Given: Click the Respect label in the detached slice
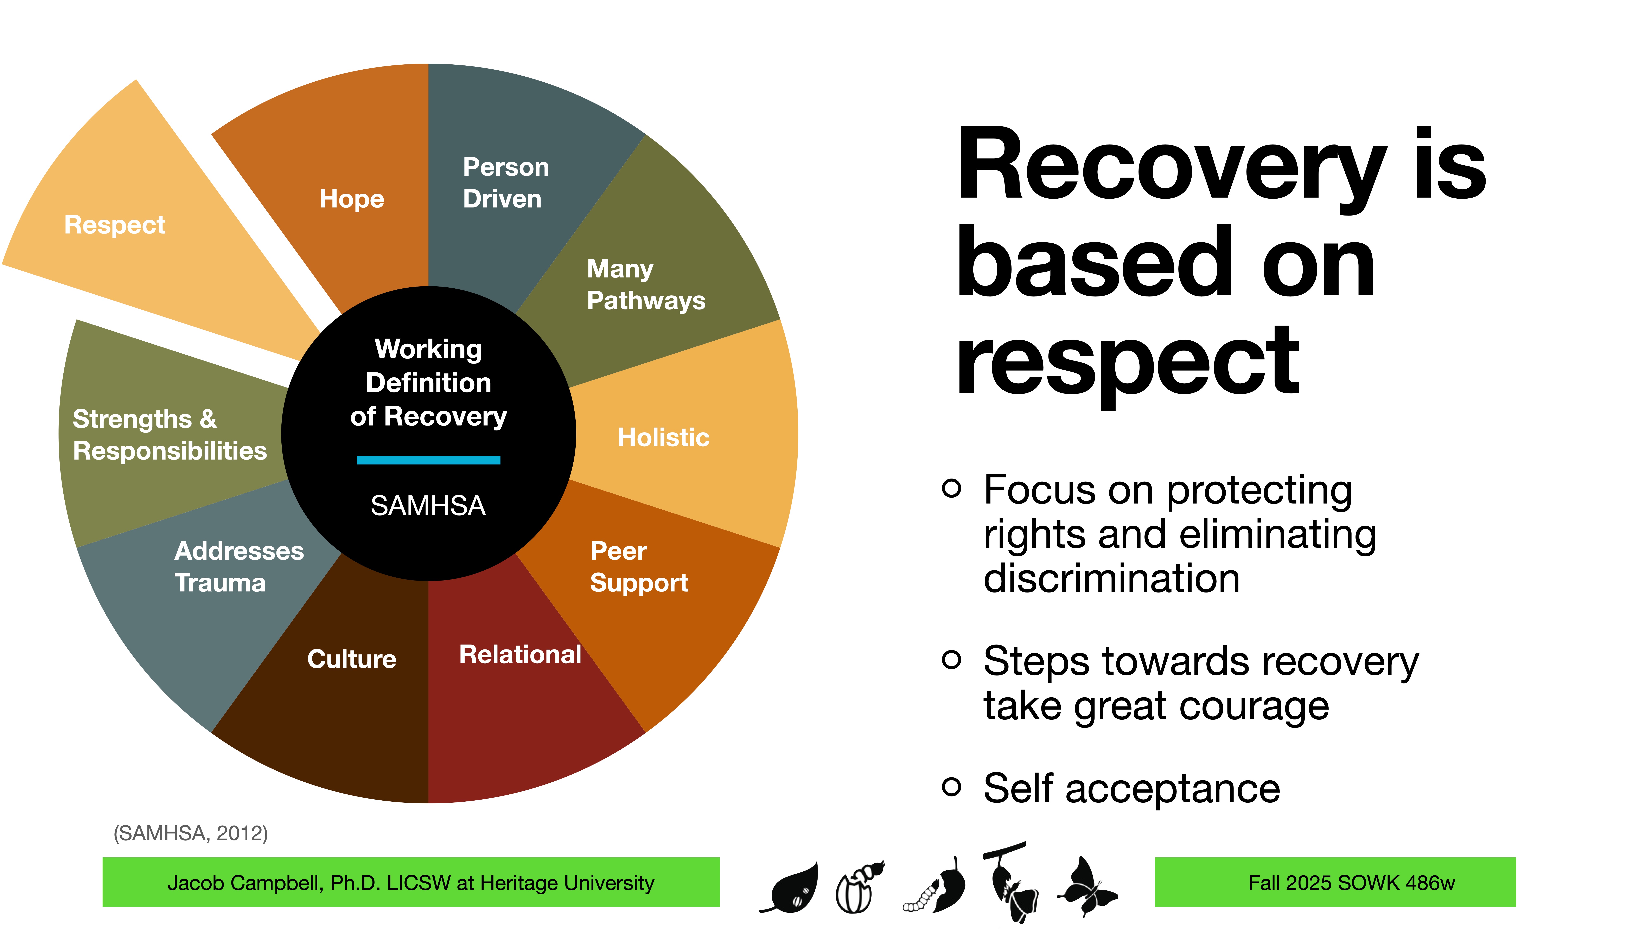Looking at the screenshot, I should click(x=115, y=225).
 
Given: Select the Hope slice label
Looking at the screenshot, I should click(x=351, y=199).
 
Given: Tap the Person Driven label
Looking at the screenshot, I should click(x=505, y=183).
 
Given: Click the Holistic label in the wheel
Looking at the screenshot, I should click(x=663, y=437).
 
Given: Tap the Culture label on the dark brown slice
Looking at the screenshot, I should click(x=351, y=659).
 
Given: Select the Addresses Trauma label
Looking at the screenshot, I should click(x=238, y=567).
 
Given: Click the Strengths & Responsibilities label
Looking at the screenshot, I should click(x=169, y=435).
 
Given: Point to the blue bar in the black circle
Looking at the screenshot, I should click(x=428, y=460).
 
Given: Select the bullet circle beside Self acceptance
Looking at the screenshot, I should click(x=952, y=786).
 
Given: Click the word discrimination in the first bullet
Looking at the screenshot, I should click(x=1111, y=579).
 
